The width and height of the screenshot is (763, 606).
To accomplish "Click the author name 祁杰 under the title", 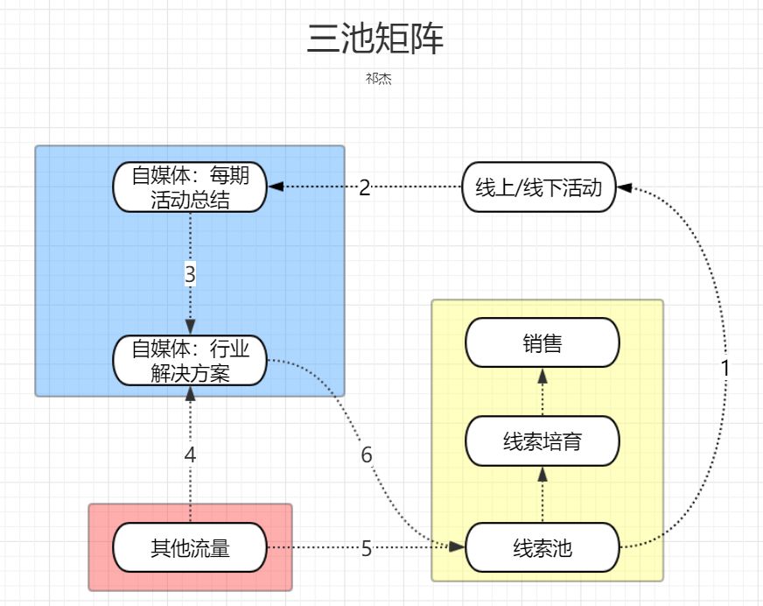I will click(x=378, y=79).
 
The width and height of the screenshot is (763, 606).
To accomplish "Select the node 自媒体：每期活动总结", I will click(x=190, y=187).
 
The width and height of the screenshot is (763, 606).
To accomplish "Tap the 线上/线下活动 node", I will click(x=538, y=187).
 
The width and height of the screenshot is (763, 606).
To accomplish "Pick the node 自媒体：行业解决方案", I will click(x=190, y=362).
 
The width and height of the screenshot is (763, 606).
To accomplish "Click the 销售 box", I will click(x=542, y=343).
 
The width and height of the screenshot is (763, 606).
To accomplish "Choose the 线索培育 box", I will click(x=542, y=441).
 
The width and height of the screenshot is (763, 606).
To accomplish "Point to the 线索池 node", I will click(x=542, y=549).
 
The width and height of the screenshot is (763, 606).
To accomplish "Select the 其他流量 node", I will click(x=190, y=548).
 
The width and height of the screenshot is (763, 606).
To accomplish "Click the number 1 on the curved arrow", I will click(x=724, y=369).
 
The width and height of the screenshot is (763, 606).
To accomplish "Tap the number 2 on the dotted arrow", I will click(x=365, y=187).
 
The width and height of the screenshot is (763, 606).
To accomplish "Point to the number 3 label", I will click(x=190, y=274).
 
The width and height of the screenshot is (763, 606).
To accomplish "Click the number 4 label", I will click(x=190, y=454).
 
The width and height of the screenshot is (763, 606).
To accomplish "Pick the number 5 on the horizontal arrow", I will click(x=367, y=549).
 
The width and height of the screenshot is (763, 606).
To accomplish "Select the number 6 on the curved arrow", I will click(x=367, y=455).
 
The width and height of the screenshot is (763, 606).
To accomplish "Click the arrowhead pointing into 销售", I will click(x=542, y=376).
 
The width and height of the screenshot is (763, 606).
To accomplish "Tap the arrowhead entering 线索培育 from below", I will click(x=542, y=474).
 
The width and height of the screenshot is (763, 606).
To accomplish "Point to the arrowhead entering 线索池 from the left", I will click(x=458, y=546).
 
